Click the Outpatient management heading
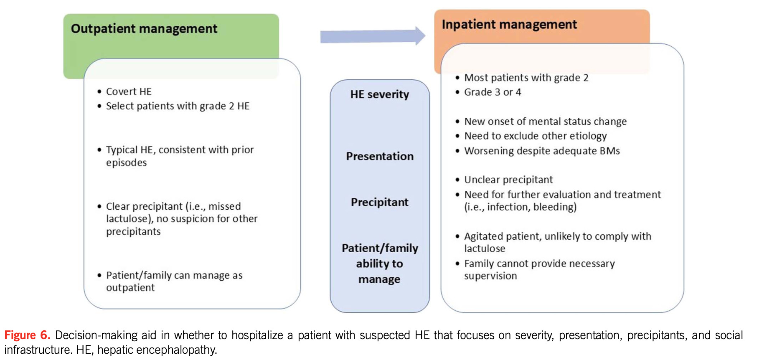point(144,29)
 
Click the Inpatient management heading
point(509,25)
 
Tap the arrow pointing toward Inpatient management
point(372,36)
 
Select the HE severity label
point(379,94)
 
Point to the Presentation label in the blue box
point(380,156)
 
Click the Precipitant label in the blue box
point(379,202)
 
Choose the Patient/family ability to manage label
point(379,264)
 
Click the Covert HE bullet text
point(129,91)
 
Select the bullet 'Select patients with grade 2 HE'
point(178,106)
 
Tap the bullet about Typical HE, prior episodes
point(180,156)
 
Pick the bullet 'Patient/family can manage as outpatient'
point(174,281)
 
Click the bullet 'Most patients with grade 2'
point(526,78)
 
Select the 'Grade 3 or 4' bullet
point(493,92)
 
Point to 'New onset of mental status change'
point(545,122)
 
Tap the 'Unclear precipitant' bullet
point(508,180)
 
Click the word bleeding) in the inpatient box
point(555,207)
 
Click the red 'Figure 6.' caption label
point(27,335)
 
